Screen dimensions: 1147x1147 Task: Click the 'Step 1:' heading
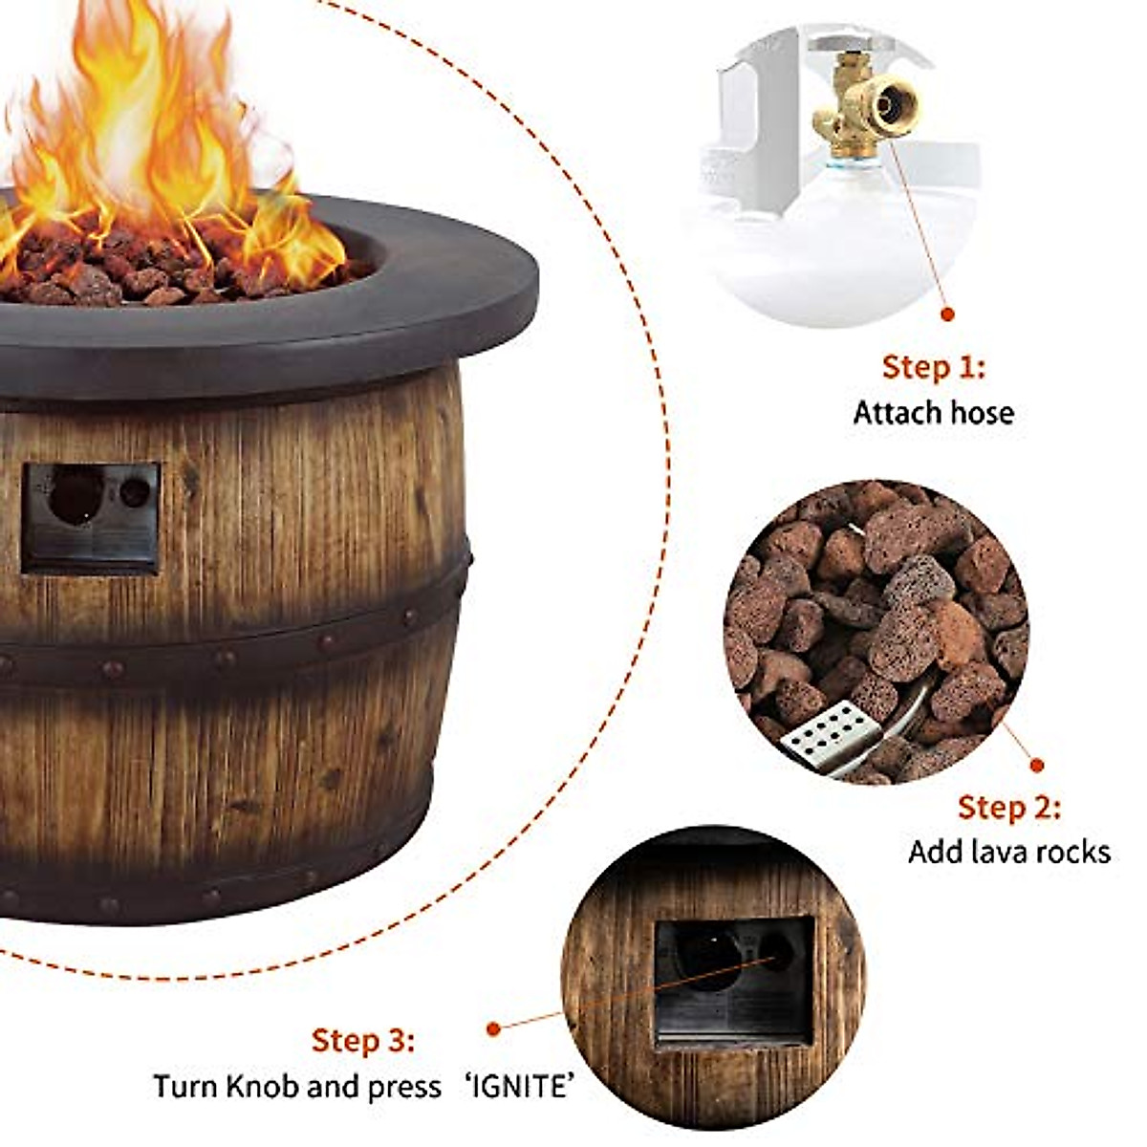[933, 367]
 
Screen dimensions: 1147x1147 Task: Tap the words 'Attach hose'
[933, 413]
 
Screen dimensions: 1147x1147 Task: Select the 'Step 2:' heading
[1008, 808]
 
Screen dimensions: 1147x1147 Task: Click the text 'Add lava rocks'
[1008, 852]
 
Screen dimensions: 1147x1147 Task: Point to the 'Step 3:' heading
[363, 1041]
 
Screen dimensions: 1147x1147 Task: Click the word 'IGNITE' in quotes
[520, 1087]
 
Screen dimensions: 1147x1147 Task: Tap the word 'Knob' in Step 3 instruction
[292, 1087]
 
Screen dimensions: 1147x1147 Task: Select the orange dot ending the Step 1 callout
[948, 314]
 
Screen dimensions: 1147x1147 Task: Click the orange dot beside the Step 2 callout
[1037, 765]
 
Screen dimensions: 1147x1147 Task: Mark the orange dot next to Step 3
[493, 1029]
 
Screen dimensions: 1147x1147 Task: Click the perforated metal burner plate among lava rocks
[824, 731]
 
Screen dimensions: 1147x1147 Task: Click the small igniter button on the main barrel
[135, 492]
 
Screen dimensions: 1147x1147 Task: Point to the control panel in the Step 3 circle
[734, 980]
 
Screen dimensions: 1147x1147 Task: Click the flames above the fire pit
[143, 143]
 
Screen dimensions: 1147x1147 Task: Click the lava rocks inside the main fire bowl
[143, 272]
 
